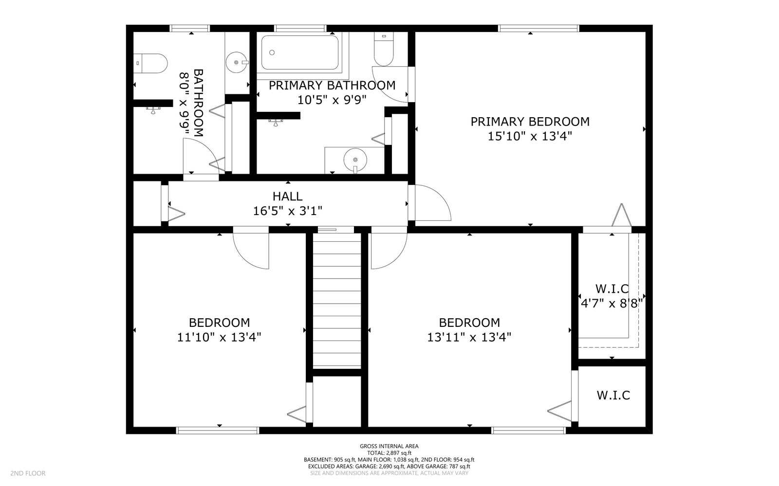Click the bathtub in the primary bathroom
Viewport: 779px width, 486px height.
[x=299, y=52]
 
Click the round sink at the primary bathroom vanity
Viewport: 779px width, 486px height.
[x=355, y=159]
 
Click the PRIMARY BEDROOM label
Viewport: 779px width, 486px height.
[x=530, y=122]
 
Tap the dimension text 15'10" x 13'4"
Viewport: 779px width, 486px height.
[x=530, y=136]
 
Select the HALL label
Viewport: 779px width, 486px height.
[x=287, y=197]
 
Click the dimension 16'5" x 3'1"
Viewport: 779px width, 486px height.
[x=287, y=211]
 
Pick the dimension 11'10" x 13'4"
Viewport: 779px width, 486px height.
[x=219, y=337]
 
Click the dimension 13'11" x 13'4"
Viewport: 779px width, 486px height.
[x=469, y=337]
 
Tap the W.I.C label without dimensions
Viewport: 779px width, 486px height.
[x=613, y=395]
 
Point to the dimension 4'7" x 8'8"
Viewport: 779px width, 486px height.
[x=612, y=304]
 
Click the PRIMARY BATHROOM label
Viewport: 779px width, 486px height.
[x=332, y=86]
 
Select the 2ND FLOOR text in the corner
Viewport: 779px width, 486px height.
[x=28, y=473]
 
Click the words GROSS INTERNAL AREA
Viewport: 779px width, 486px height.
[x=389, y=446]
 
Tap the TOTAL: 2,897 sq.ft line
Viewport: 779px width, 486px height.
[x=389, y=453]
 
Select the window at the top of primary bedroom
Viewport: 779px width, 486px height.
[x=538, y=28]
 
